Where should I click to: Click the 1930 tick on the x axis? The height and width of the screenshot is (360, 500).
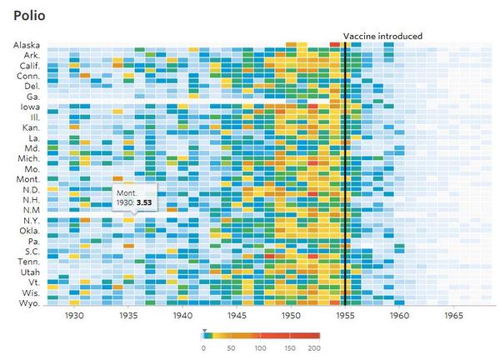click(74, 317)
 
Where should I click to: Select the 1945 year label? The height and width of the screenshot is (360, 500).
click(237, 317)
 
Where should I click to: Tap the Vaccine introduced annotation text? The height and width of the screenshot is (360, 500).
click(382, 36)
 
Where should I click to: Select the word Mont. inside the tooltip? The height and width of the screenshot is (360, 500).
click(127, 193)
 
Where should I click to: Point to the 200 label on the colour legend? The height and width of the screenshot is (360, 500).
click(314, 347)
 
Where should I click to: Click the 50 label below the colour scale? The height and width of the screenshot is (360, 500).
click(231, 347)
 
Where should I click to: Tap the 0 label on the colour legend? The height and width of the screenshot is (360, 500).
click(204, 347)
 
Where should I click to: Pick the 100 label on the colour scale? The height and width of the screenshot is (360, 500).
click(259, 347)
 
